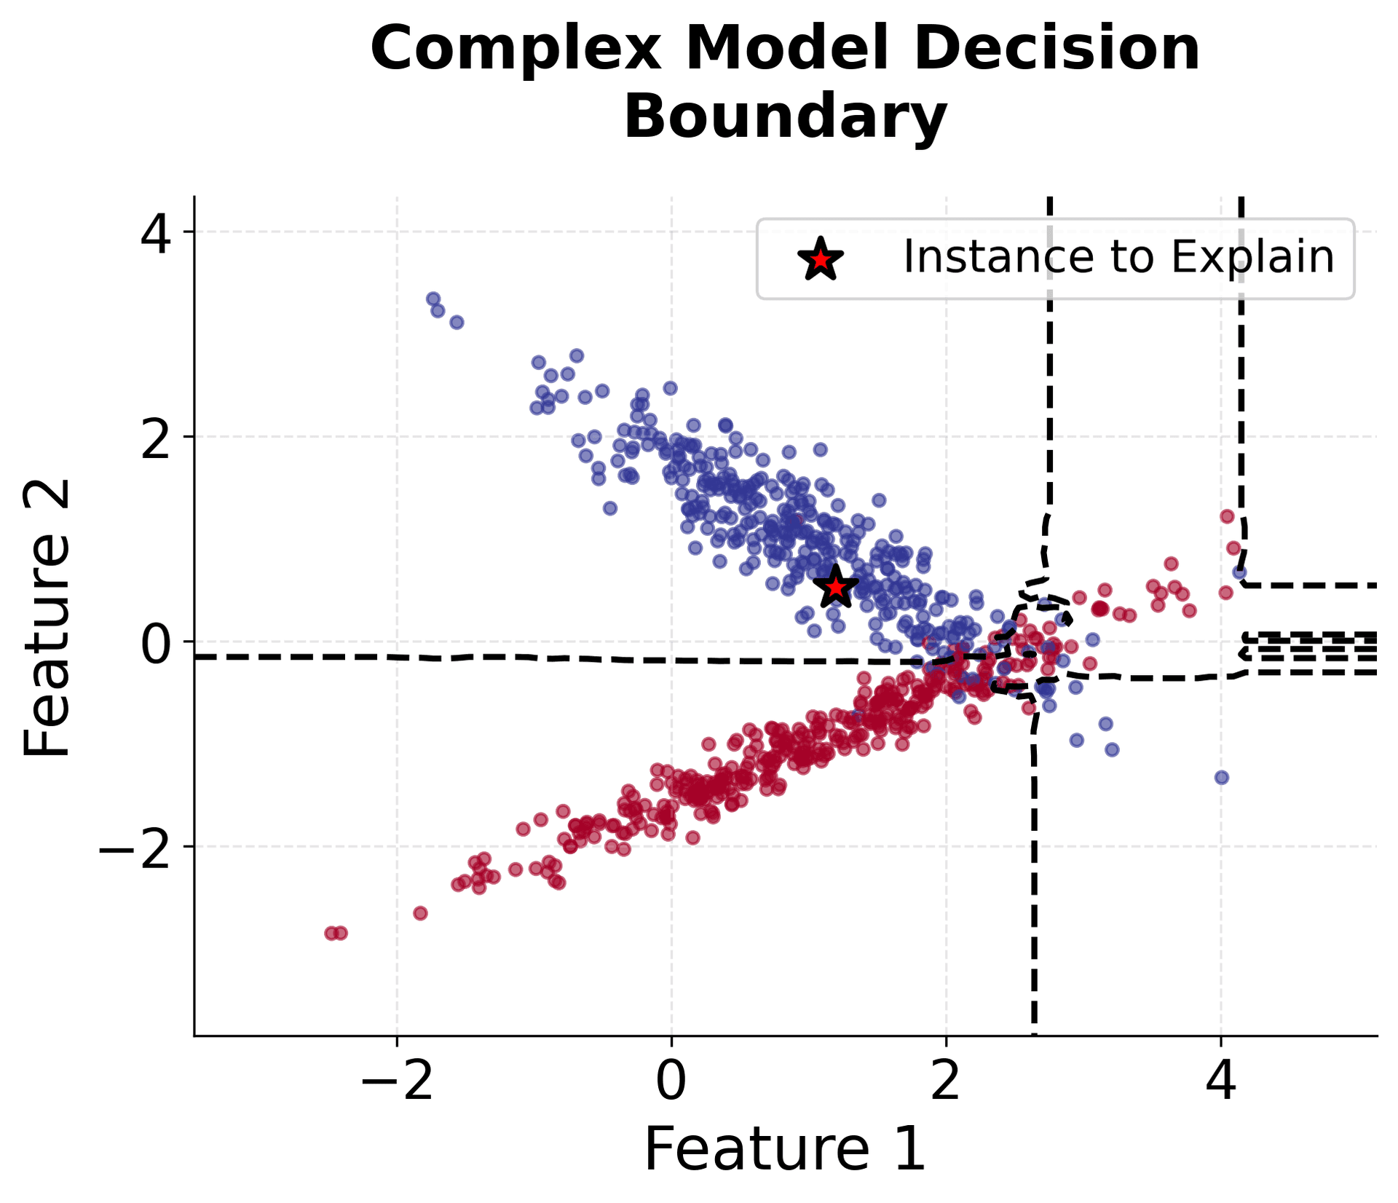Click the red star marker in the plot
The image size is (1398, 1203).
click(835, 587)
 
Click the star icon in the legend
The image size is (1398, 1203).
click(821, 259)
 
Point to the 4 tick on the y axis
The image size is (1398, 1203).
click(157, 232)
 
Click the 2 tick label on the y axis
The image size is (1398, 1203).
click(157, 438)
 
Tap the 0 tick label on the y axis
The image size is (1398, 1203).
click(157, 643)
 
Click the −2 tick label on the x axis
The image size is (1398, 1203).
click(396, 1081)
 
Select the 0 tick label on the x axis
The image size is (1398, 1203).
click(671, 1081)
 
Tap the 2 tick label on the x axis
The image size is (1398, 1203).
click(946, 1081)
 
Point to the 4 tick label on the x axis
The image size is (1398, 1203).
click(1221, 1081)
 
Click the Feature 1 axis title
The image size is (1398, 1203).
click(785, 1150)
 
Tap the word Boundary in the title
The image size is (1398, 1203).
click(785, 117)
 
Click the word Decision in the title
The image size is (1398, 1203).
click(1056, 48)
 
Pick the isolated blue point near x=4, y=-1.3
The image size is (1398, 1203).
click(1222, 777)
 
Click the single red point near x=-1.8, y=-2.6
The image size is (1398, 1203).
click(420, 912)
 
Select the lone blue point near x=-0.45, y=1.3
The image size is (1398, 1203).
click(610, 508)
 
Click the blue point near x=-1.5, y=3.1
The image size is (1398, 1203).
click(457, 322)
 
